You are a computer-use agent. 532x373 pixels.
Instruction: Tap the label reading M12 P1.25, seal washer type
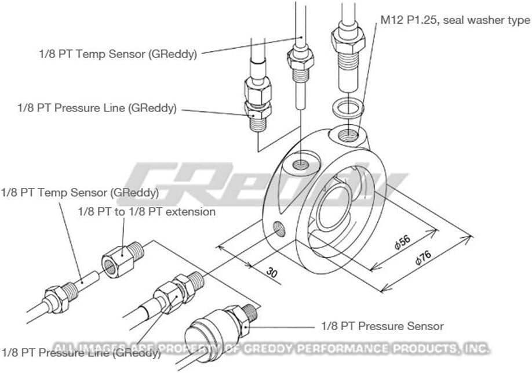[x=455, y=20]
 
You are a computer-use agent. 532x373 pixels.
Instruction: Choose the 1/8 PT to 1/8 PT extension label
[x=147, y=212]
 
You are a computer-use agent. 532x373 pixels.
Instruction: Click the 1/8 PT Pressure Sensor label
[x=382, y=326]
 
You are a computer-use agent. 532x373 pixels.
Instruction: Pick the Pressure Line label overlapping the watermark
[x=81, y=352]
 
